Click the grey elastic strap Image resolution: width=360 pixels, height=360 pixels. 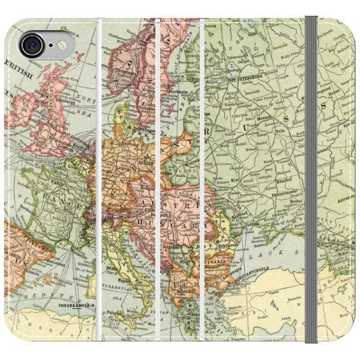[x=311, y=180]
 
